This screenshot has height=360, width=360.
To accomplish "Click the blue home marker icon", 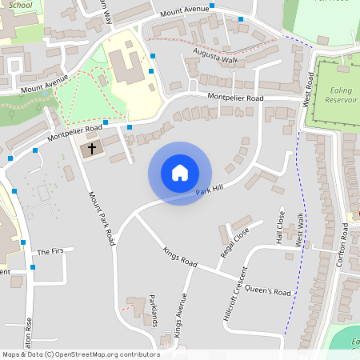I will (x=180, y=174).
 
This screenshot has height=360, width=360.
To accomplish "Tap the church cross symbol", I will (x=91, y=148).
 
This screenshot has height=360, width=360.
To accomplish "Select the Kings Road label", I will (x=179, y=256).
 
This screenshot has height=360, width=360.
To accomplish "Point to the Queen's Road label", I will (x=267, y=290).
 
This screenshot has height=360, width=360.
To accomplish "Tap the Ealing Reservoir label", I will (x=342, y=95).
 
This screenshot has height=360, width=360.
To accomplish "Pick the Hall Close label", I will (x=281, y=227).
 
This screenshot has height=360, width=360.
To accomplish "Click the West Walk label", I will (x=299, y=230).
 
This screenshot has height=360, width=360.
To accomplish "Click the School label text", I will (x=20, y=4).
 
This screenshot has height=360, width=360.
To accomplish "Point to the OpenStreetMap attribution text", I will (x=80, y=354).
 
